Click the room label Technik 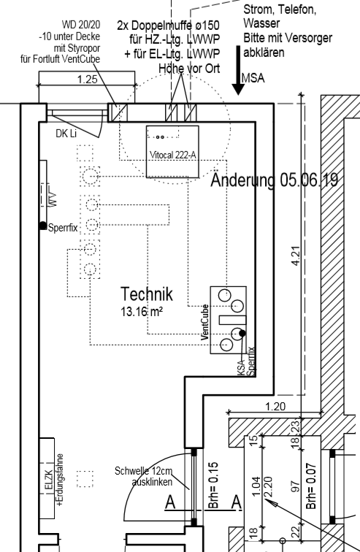[147, 294]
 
